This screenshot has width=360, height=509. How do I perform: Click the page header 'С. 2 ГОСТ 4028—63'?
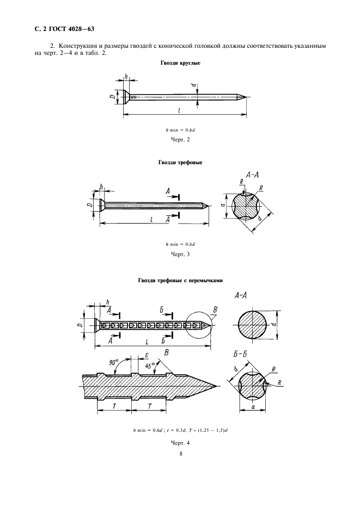[64, 29]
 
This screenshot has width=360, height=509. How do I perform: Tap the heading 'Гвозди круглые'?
[180, 63]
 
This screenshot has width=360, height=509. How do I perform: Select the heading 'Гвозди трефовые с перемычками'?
[180, 281]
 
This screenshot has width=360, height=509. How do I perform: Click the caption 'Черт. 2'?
[180, 140]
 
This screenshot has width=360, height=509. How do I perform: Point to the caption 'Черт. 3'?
[180, 254]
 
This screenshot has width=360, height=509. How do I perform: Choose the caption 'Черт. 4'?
[180, 443]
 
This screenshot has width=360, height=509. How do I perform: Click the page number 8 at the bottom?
[181, 454]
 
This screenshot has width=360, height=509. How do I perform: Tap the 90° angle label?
[114, 362]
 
